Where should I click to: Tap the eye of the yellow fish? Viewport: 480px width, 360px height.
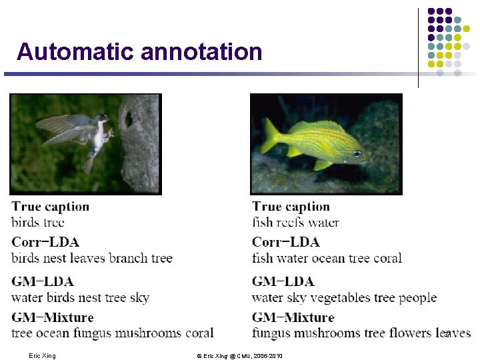(357, 153)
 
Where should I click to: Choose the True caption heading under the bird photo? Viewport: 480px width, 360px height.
(51, 207)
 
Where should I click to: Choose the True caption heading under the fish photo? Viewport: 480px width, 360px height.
(291, 207)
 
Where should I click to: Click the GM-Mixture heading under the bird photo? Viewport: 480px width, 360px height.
(53, 317)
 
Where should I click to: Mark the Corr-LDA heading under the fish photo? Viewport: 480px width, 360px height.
(286, 242)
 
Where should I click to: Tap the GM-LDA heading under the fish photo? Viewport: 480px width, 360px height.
(283, 281)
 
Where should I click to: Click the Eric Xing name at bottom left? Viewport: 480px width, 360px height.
(43, 356)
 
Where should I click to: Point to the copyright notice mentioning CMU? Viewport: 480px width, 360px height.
(239, 356)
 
